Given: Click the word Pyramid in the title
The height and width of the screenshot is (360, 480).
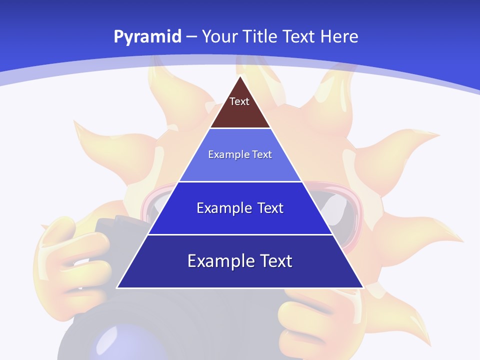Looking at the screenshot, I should coord(147,37).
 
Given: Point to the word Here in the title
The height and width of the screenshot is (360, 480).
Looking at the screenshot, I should coord(339,36).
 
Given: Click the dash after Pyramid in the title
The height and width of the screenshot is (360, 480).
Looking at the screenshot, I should coord(191,37).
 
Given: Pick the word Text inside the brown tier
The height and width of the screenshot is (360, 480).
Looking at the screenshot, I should coord(239,101).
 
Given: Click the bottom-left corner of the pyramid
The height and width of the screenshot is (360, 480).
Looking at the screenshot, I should coord(117,287).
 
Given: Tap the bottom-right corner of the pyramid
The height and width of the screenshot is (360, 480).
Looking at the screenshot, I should coord(363,287).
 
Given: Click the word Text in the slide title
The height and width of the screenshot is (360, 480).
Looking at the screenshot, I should coord(298,36).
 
